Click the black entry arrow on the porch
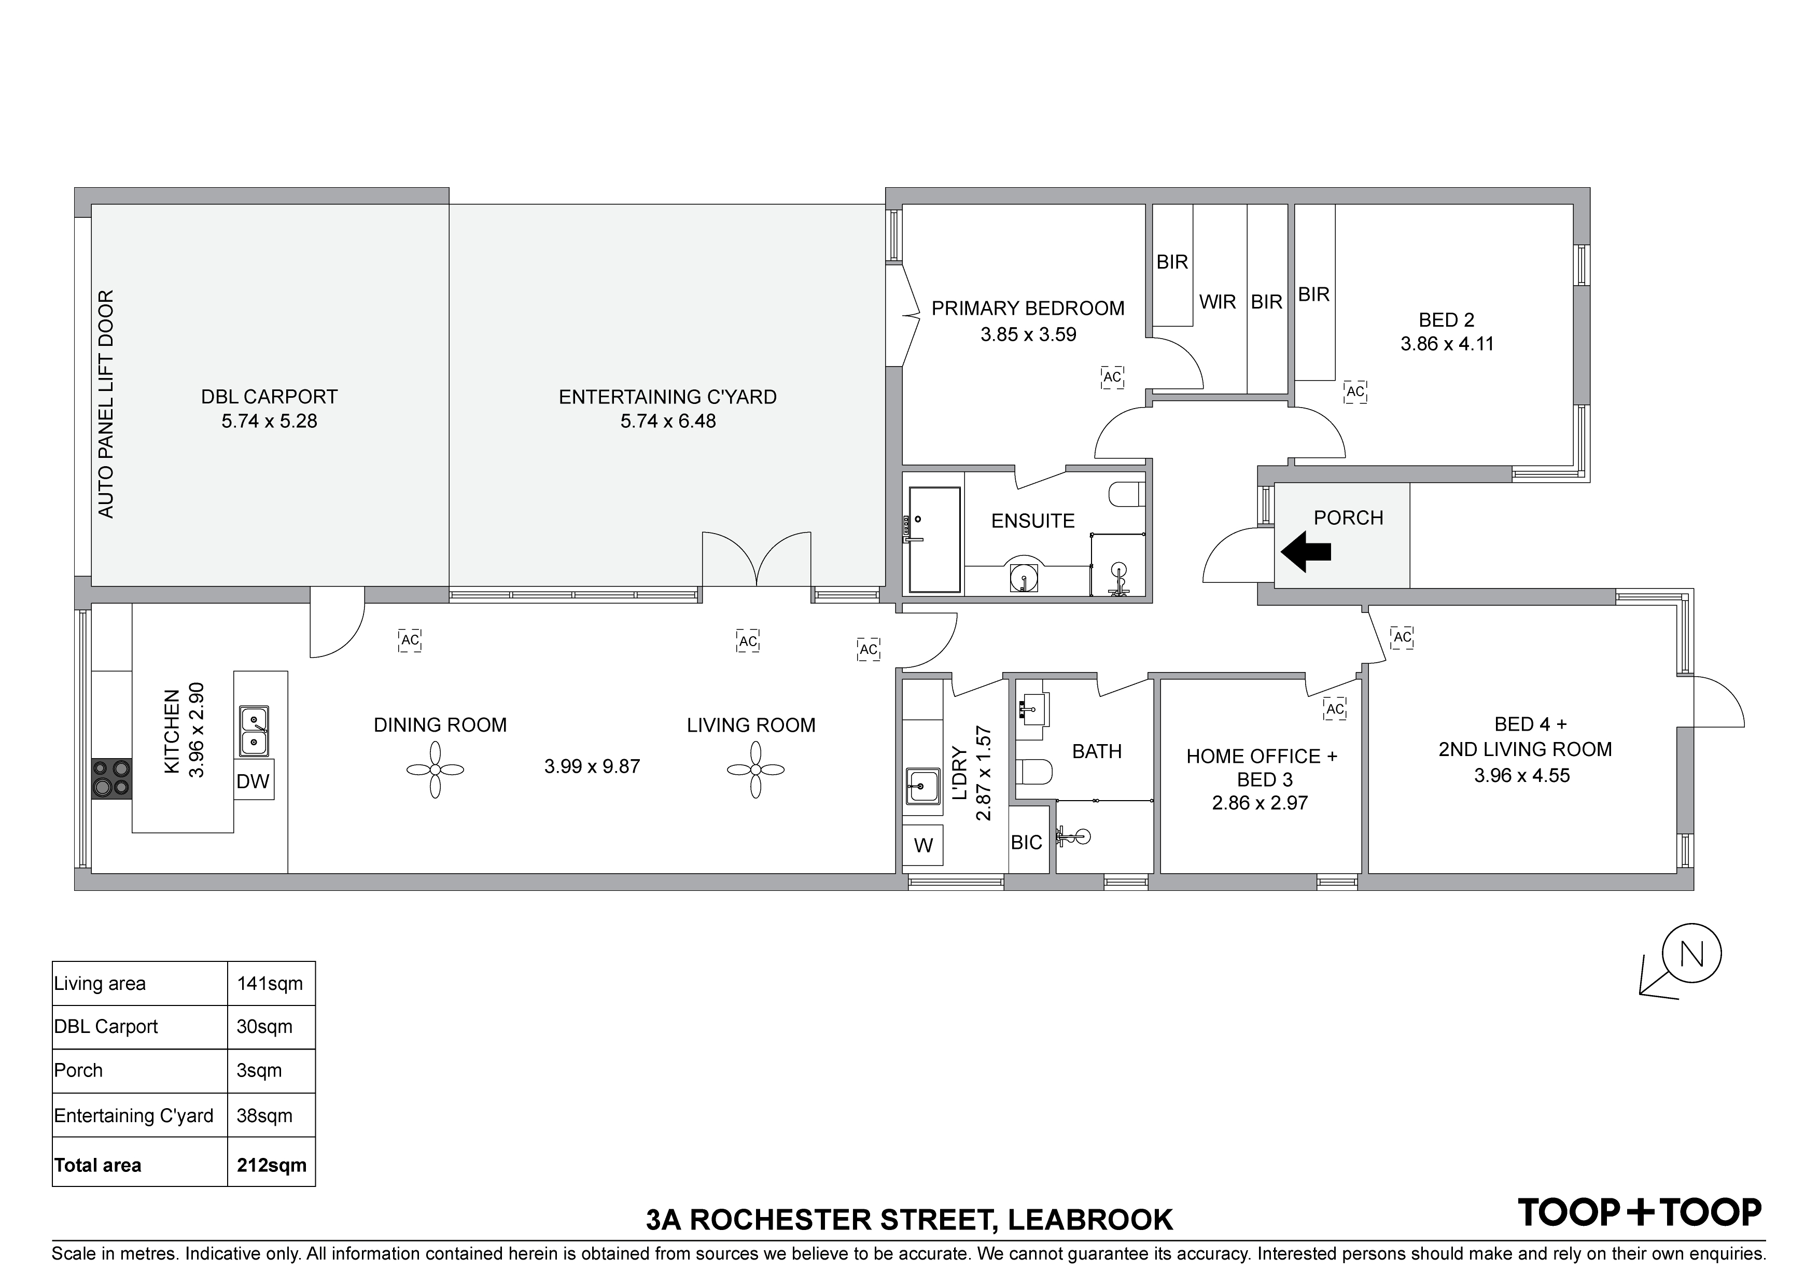(1306, 552)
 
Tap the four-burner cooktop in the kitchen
(111, 778)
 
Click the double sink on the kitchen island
(254, 731)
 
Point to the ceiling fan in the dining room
(435, 770)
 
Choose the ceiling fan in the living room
(756, 770)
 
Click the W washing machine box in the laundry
(923, 845)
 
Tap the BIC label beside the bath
(1027, 842)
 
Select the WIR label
(1218, 302)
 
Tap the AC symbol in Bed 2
(1355, 392)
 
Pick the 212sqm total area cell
(272, 1165)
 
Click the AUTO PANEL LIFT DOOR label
(105, 404)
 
